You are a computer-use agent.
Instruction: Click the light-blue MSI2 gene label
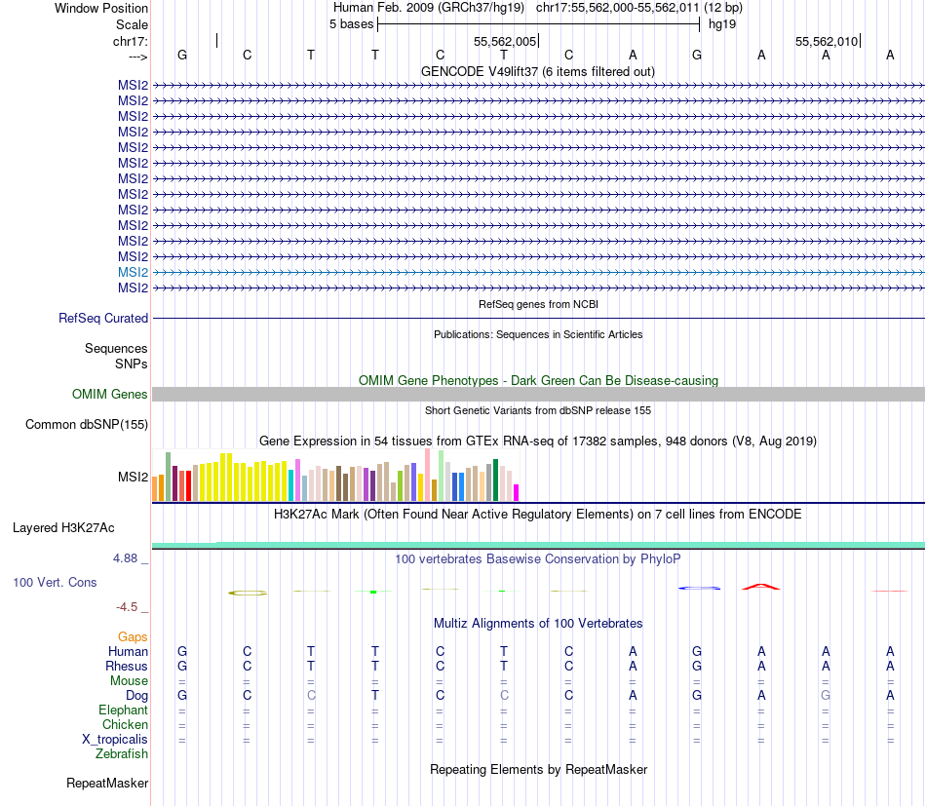tap(133, 273)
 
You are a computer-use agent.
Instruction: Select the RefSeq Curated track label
tap(103, 318)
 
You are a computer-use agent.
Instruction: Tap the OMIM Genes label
tap(110, 395)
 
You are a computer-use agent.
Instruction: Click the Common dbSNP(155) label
tap(87, 424)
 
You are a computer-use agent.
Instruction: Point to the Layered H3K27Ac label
tap(63, 528)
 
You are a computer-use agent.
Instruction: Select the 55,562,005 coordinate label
tap(505, 42)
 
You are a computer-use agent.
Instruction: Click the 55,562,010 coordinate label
tap(827, 42)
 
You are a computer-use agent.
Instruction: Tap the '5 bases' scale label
tap(351, 23)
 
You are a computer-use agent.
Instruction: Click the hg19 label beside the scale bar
tap(722, 23)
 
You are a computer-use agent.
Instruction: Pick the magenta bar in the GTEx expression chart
tap(517, 492)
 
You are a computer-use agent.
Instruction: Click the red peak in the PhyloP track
tap(761, 587)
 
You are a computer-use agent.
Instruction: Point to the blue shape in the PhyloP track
tap(699, 588)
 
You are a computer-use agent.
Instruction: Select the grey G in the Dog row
tap(826, 696)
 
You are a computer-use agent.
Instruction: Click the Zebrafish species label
tap(122, 754)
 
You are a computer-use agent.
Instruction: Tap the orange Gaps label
tap(133, 636)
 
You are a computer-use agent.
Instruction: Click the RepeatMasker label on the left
tap(107, 784)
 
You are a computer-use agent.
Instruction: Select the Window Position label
tap(101, 8)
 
